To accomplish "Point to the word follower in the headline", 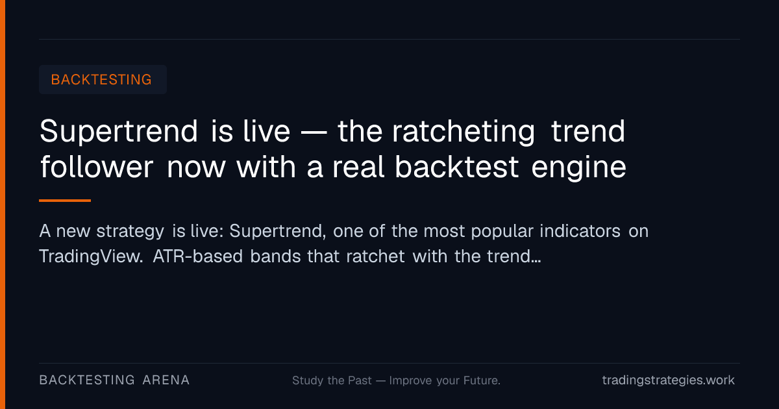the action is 97,167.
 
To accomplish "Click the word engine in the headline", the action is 578,168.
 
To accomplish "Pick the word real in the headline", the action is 358,167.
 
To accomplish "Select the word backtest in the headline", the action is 456,167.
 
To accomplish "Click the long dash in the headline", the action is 314,132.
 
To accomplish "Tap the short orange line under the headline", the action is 65,201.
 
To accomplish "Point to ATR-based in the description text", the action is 197,256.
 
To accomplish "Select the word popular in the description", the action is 502,232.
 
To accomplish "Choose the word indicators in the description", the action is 580,231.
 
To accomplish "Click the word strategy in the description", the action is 130,232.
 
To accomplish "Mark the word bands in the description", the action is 275,256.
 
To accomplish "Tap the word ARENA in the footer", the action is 166,380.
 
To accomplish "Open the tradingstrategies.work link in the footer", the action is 669,380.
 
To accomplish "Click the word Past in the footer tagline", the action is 360,380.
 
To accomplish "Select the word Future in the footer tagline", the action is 482,380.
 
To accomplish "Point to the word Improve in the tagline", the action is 411,381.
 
